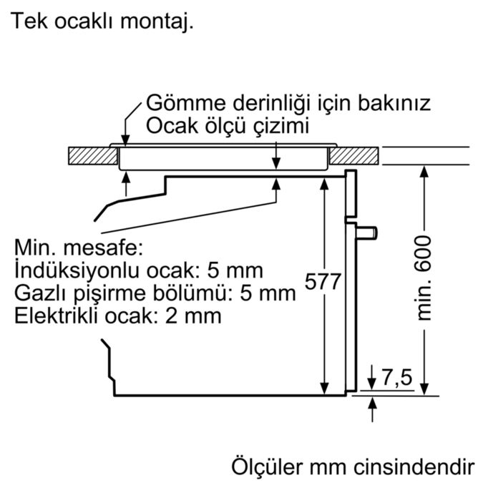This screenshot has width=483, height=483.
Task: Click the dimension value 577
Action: (323, 280)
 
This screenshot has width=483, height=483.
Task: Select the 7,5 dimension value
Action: (397, 377)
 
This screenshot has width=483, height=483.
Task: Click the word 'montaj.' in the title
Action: (157, 21)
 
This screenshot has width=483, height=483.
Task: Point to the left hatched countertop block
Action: (93, 156)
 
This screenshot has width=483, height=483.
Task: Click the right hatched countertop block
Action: (354, 156)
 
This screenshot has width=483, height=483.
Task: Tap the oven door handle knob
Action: (367, 233)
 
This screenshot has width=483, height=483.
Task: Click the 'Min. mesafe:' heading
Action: (79, 248)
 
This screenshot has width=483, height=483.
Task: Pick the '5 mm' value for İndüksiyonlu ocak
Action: (235, 270)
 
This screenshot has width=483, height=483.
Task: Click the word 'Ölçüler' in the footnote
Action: (267, 467)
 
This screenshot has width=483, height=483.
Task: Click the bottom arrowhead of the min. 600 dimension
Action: (424, 389)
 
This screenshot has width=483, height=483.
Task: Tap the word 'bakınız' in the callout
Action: (394, 103)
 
